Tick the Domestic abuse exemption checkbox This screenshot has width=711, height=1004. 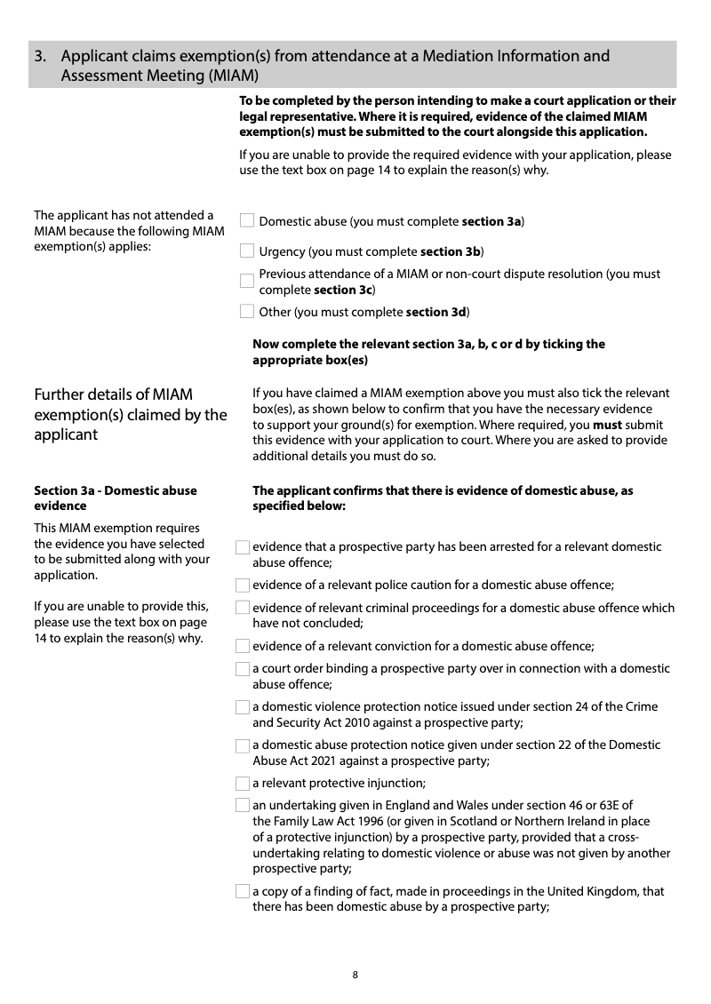(247, 221)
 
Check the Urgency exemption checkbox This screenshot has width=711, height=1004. (247, 251)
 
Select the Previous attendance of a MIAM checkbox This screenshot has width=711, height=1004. (247, 282)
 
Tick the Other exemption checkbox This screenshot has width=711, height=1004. (247, 312)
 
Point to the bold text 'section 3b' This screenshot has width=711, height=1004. (450, 251)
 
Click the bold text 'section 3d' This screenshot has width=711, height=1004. (436, 312)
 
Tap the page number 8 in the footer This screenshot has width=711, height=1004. (355, 975)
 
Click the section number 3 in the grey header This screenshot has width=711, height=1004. (40, 57)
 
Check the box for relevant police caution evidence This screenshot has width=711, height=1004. (242, 585)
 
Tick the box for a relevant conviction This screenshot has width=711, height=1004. (242, 646)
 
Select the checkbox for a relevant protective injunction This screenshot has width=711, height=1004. (242, 784)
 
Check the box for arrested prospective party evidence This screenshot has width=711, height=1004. (242, 548)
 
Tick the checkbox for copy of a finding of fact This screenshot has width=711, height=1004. (242, 892)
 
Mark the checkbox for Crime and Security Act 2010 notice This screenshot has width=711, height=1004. (242, 707)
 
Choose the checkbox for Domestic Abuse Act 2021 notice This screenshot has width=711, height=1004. (242, 745)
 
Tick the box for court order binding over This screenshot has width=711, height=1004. (242, 669)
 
